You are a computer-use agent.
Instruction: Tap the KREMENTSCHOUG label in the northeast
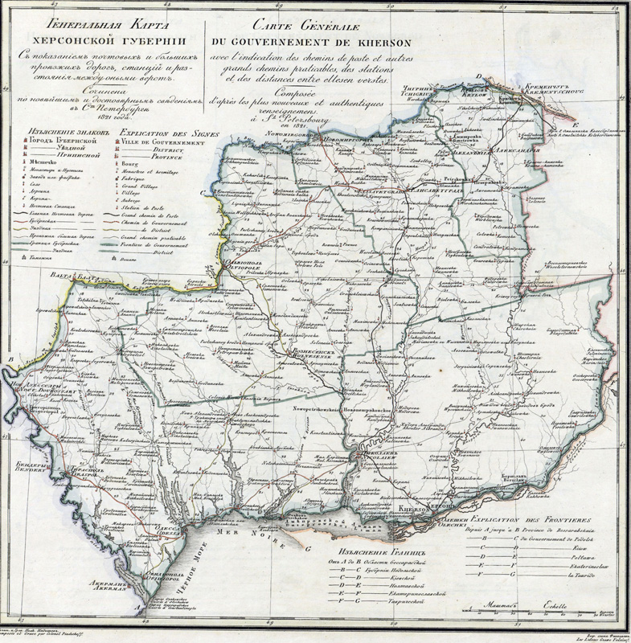pos(545,92)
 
